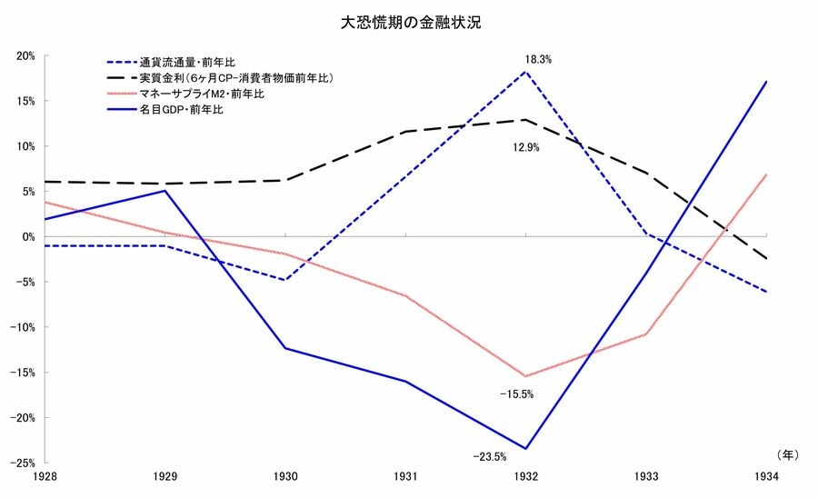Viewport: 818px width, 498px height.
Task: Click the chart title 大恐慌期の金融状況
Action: point(410,24)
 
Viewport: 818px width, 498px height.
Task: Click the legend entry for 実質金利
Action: point(236,78)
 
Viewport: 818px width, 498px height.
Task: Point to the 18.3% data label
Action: point(538,60)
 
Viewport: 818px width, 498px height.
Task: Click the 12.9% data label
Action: point(525,146)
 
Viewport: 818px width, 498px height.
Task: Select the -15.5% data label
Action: point(516,394)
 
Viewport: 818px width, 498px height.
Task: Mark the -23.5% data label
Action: point(489,456)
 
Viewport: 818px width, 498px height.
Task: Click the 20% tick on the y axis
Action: point(25,55)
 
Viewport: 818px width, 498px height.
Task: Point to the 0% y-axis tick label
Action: point(27,237)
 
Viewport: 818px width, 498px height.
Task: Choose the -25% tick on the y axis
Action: point(22,463)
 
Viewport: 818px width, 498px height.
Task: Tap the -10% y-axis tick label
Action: point(22,327)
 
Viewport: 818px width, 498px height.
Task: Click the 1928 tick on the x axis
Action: point(43,476)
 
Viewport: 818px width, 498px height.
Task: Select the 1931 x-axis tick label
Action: point(405,476)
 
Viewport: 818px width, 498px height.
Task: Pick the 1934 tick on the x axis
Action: point(767,476)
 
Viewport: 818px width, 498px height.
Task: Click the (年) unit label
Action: point(787,452)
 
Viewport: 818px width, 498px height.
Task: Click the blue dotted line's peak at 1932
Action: point(525,71)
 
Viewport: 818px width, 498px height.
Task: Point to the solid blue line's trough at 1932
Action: point(525,448)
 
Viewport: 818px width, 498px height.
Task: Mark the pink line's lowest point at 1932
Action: point(525,375)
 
